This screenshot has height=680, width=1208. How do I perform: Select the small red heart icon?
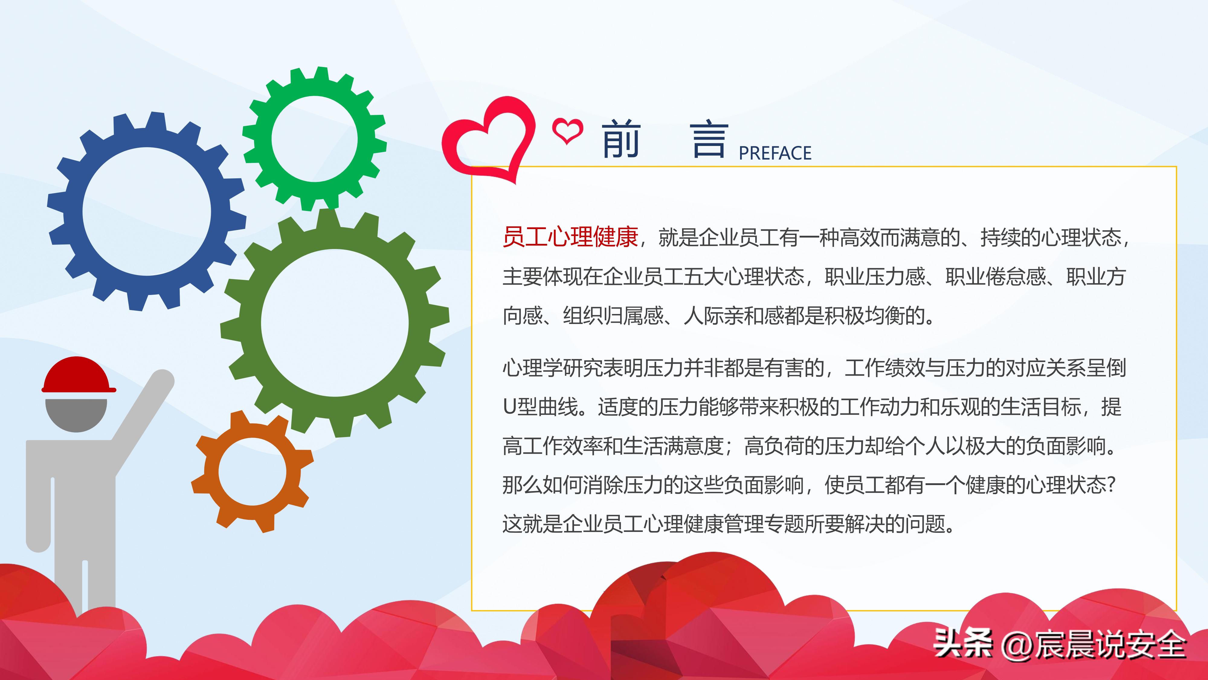pos(567,131)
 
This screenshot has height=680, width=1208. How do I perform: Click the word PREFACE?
pos(775,153)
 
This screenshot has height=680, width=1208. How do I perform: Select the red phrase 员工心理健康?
pos(570,237)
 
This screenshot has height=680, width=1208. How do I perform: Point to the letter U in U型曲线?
pos(510,407)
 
